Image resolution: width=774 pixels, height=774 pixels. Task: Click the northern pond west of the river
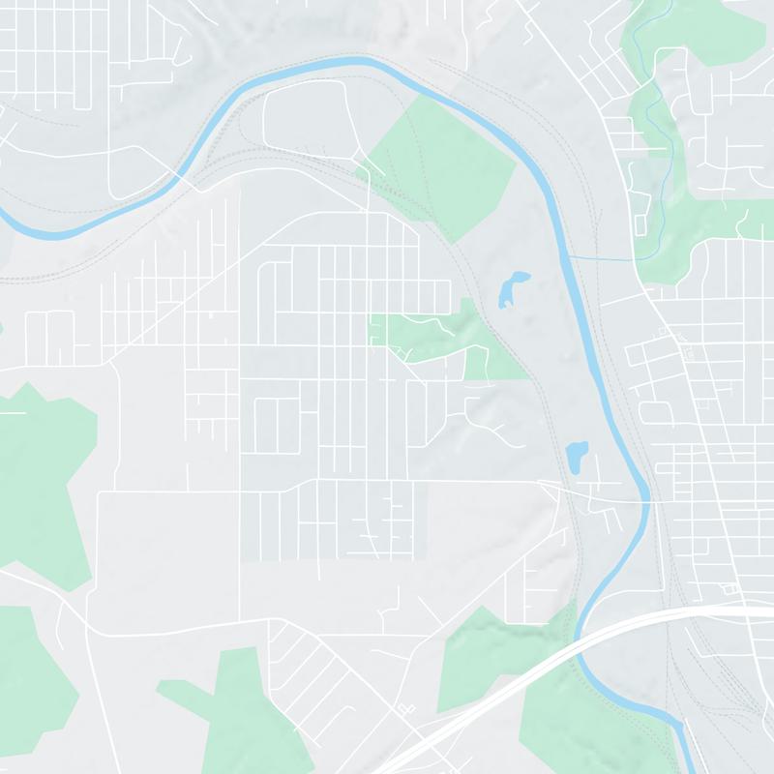pos(510,288)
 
